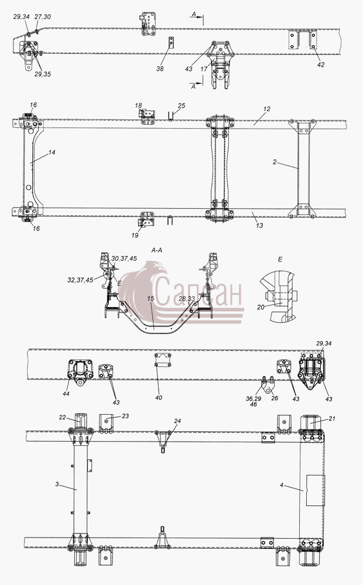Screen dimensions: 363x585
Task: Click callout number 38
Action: pos(160,68)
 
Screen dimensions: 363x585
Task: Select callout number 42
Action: pos(321,64)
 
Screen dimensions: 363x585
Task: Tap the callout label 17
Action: pos(204,69)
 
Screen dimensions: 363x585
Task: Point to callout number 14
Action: pos(52,152)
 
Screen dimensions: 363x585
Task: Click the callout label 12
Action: pos(266,109)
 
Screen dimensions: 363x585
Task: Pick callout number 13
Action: pos(259,225)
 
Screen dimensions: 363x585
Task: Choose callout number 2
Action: pos(275,162)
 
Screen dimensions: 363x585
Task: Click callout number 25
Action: pos(181,105)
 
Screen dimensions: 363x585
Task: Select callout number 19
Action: pos(135,235)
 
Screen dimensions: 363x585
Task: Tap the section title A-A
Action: pos(156,251)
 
